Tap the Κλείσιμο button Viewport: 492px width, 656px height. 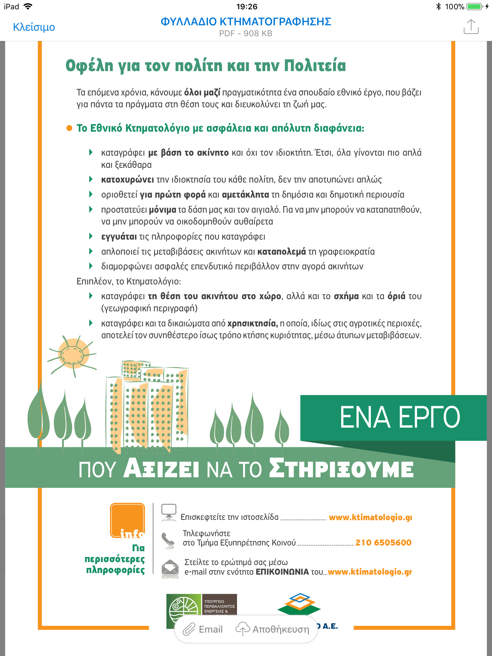[x=34, y=27]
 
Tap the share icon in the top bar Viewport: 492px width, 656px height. [x=471, y=27]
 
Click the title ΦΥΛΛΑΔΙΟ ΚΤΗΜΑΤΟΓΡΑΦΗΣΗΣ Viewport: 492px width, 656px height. [x=246, y=22]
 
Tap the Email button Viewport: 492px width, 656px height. [x=203, y=629]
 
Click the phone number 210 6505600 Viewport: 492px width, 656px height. [x=383, y=543]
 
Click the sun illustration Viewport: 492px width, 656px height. [x=72, y=354]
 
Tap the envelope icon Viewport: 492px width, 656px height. [x=170, y=569]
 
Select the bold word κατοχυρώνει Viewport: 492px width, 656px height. [x=127, y=180]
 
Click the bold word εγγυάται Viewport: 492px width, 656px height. [x=119, y=237]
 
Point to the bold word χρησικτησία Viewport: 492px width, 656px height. [x=252, y=324]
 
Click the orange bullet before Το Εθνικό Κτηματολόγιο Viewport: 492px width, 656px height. [x=69, y=128]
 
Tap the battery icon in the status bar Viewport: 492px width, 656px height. [x=474, y=6]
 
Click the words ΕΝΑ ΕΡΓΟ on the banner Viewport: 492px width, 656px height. [x=399, y=417]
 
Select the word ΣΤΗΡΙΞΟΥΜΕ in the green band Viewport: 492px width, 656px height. [x=341, y=469]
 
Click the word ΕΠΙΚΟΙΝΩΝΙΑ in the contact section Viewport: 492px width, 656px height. [x=282, y=572]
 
